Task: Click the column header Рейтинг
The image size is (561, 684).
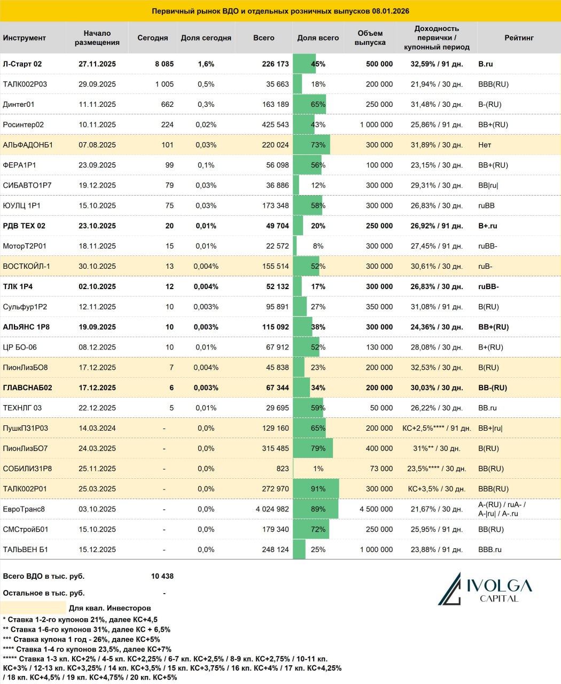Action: (519, 38)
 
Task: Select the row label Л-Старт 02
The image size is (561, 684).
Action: (22, 64)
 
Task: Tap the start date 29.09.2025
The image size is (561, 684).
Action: (97, 84)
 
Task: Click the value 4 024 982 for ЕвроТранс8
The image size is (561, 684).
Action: (272, 509)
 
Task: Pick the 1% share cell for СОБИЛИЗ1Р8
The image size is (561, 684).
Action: (318, 469)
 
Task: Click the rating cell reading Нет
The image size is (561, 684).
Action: (485, 145)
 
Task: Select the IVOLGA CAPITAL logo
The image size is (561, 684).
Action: (485, 589)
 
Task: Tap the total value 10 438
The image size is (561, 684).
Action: (162, 577)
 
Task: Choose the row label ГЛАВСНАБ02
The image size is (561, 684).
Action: (28, 388)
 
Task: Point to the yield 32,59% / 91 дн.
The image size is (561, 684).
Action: (437, 64)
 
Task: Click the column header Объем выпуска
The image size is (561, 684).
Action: (370, 38)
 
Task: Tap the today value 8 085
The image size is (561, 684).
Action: (164, 64)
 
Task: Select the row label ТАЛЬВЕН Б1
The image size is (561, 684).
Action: (26, 550)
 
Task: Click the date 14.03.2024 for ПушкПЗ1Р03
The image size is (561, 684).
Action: (97, 429)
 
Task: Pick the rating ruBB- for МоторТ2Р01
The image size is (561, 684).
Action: (488, 246)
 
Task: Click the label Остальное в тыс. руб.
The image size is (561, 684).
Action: (44, 593)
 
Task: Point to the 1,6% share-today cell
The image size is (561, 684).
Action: (206, 64)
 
